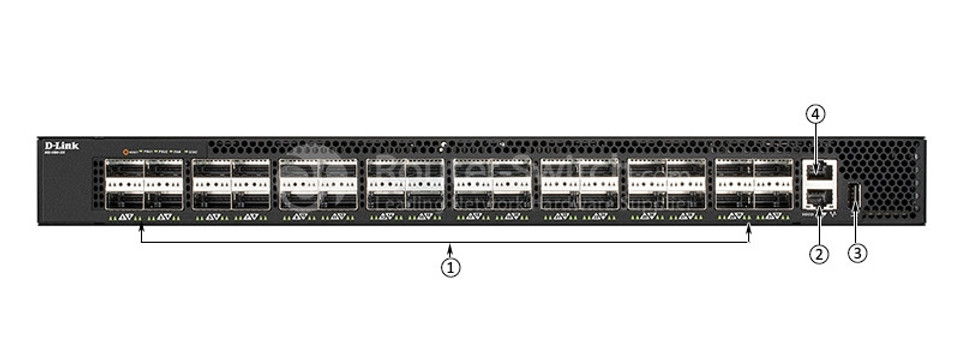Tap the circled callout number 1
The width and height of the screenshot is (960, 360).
(452, 268)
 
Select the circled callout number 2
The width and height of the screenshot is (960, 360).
(819, 254)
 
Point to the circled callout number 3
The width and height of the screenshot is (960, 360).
(857, 254)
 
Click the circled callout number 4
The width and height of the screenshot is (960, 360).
(817, 115)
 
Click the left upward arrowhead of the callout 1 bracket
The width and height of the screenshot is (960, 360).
(142, 231)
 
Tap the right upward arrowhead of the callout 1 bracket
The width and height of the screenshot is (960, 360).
(750, 231)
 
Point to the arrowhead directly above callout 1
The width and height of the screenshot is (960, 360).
(452, 247)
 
